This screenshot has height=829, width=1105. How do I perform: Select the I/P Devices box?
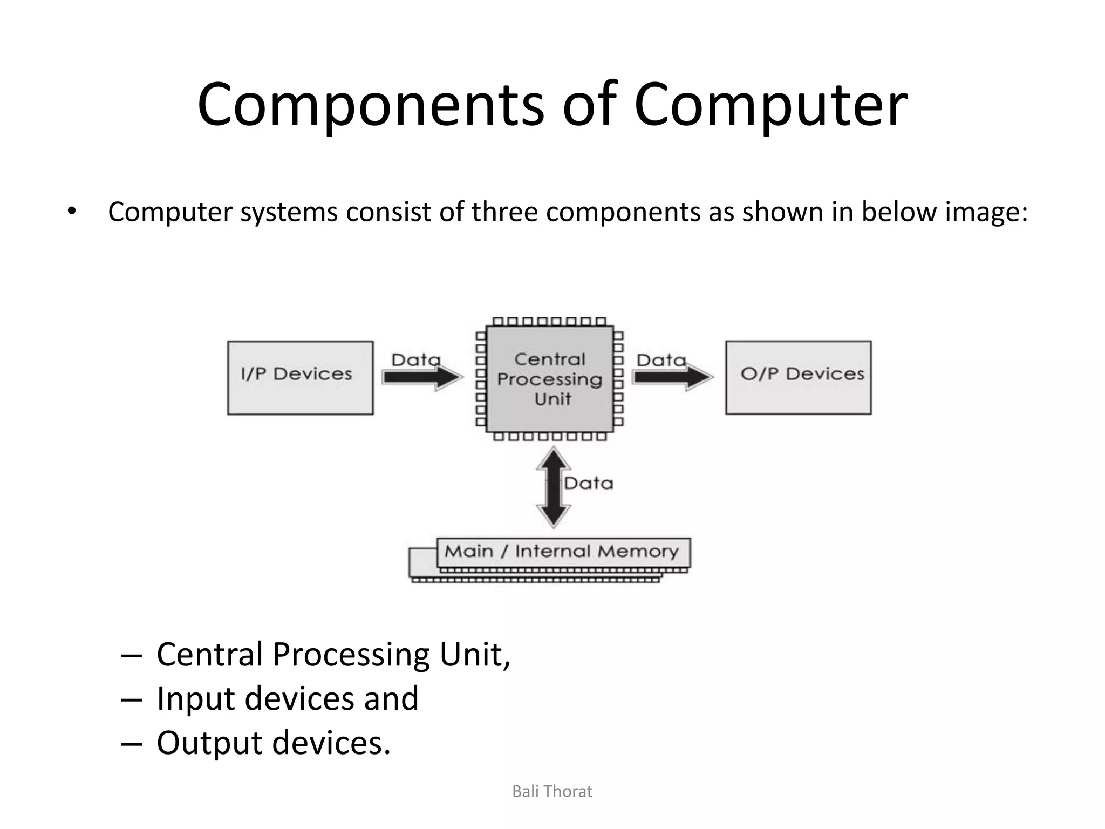pyautogui.click(x=300, y=377)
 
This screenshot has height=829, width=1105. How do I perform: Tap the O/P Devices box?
pyautogui.click(x=798, y=377)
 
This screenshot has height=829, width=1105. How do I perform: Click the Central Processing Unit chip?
pyautogui.click(x=549, y=379)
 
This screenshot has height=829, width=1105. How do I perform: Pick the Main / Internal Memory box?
pyautogui.click(x=561, y=552)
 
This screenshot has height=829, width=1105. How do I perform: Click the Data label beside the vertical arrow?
pyautogui.click(x=589, y=483)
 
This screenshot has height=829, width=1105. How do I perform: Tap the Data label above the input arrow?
pyautogui.click(x=415, y=359)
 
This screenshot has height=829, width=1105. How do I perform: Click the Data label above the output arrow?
pyautogui.click(x=661, y=359)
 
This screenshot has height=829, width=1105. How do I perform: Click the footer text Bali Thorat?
pyautogui.click(x=552, y=791)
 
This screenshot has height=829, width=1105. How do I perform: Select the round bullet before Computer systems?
pyautogui.click(x=72, y=212)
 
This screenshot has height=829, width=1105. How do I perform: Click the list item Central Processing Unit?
pyautogui.click(x=333, y=654)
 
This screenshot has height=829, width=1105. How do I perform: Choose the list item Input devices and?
pyautogui.click(x=287, y=698)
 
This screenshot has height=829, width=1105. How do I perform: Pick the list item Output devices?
pyautogui.click(x=273, y=743)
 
